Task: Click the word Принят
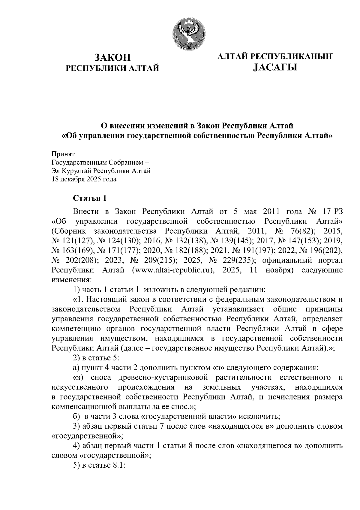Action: [x=63, y=154]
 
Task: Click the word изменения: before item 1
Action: [x=71, y=280]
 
